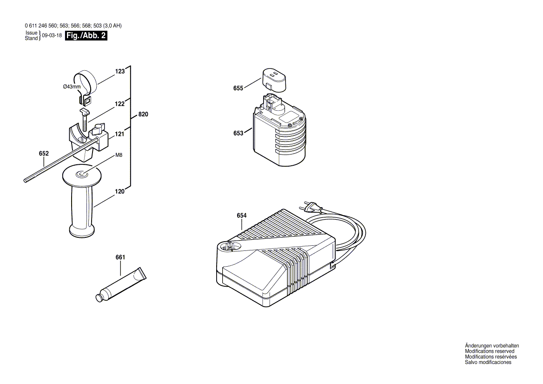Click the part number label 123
pos(120,71)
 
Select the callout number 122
pos(120,104)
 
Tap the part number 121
pos(119,134)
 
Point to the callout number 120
pos(120,191)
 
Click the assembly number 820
pos(143,115)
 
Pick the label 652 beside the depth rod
pos(44,153)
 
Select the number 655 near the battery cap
pos(238,88)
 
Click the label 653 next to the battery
pos(238,133)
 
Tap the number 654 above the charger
pos(242,216)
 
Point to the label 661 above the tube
pos(120,257)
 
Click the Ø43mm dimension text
pos(72,87)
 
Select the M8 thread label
pos(119,155)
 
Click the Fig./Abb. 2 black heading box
pos(86,36)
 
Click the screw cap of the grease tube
pos(99,296)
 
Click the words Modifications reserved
pos(490,351)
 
